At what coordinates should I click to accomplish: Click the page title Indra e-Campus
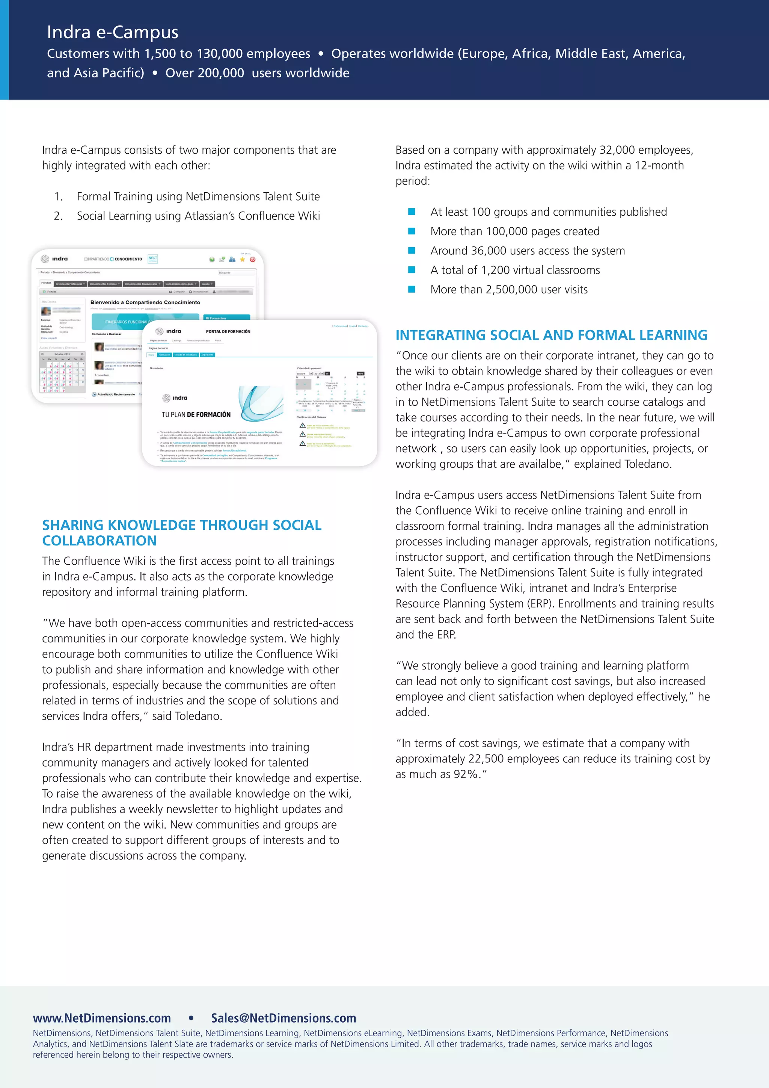[113, 32]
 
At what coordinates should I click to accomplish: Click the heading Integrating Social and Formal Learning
[551, 335]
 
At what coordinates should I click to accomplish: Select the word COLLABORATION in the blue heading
[100, 541]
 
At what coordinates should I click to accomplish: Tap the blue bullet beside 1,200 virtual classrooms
[412, 270]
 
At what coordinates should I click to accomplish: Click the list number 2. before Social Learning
[58, 216]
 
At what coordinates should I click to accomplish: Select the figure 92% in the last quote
[466, 774]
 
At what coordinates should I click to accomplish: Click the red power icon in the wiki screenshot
[252, 259]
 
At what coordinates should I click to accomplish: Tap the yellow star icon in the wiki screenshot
[242, 259]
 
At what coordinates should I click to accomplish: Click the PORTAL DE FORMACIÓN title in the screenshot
[228, 331]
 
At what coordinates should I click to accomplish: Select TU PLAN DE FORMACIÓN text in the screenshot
[196, 415]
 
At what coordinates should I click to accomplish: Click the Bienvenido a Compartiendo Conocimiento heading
[145, 302]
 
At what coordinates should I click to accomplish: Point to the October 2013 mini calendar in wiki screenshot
[62, 372]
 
